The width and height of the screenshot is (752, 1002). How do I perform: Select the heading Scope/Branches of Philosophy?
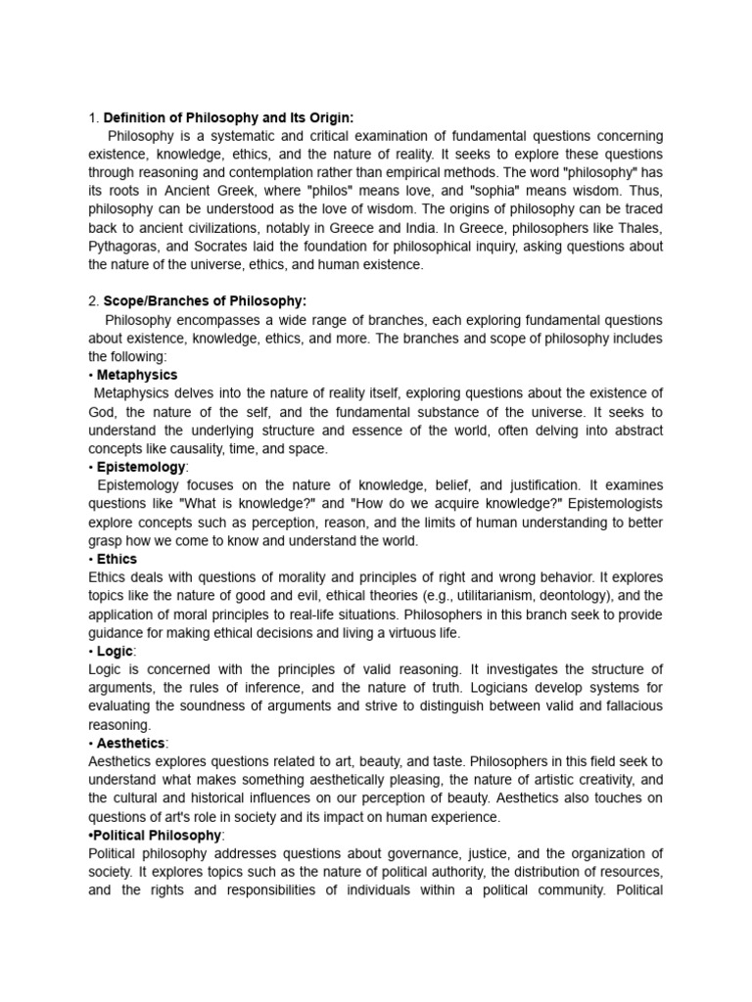pyautogui.click(x=205, y=301)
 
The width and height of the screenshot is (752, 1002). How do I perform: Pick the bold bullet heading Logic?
pyautogui.click(x=116, y=651)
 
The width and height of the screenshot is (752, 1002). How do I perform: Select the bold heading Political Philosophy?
pyautogui.click(x=159, y=835)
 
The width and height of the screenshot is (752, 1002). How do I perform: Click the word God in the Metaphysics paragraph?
pyautogui.click(x=102, y=412)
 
